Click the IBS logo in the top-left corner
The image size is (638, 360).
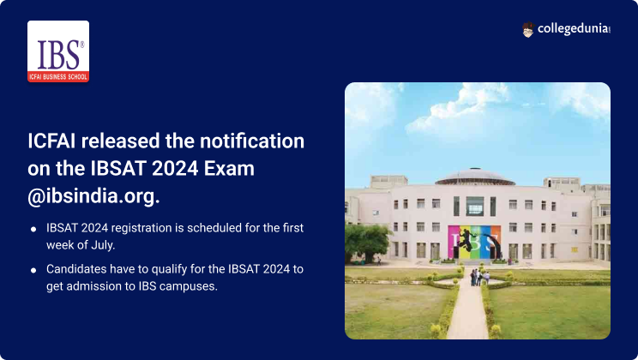[58, 51]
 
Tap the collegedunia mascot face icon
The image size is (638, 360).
[527, 30]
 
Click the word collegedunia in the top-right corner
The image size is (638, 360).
[574, 29]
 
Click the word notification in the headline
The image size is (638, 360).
[252, 141]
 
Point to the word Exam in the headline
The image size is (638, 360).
[229, 168]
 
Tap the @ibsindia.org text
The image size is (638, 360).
[93, 196]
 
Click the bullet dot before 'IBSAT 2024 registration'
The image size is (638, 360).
[33, 230]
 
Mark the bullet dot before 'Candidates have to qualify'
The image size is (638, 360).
[33, 270]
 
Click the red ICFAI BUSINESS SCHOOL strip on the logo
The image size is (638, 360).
[58, 77]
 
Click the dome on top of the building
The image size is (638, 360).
[475, 177]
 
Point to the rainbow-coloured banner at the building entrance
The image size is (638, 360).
[474, 243]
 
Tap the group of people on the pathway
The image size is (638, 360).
[479, 278]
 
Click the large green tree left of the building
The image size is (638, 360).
[367, 243]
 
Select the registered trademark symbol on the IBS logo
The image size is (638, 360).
[82, 45]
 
